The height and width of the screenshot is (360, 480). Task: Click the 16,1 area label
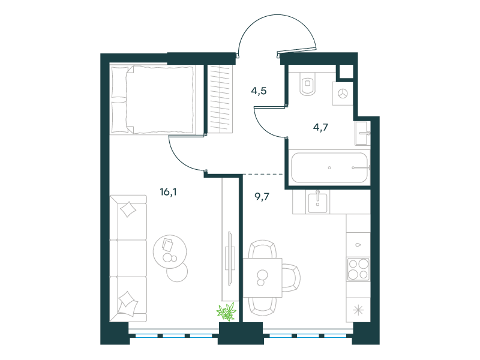coord(168,192)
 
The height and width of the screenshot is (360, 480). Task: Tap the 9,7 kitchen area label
coord(262,196)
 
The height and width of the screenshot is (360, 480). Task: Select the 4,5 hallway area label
coord(259,91)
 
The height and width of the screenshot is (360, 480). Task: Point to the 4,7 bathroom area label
coord(320,127)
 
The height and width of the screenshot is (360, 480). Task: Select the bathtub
coord(329,168)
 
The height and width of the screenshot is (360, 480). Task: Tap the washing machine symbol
coord(343,94)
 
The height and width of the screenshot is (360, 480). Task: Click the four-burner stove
coord(358,269)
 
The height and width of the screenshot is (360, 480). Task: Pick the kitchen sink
coord(317,202)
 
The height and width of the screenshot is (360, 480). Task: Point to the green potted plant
coord(227,312)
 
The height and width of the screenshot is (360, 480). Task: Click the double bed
coord(153,100)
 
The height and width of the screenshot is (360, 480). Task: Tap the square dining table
coord(262,278)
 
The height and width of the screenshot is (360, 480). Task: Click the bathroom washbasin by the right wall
coord(362,133)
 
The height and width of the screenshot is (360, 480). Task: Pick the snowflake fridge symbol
coord(358,310)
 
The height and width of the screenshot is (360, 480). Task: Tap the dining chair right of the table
coord(291,278)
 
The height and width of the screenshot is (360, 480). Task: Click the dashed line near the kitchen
coord(263,174)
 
